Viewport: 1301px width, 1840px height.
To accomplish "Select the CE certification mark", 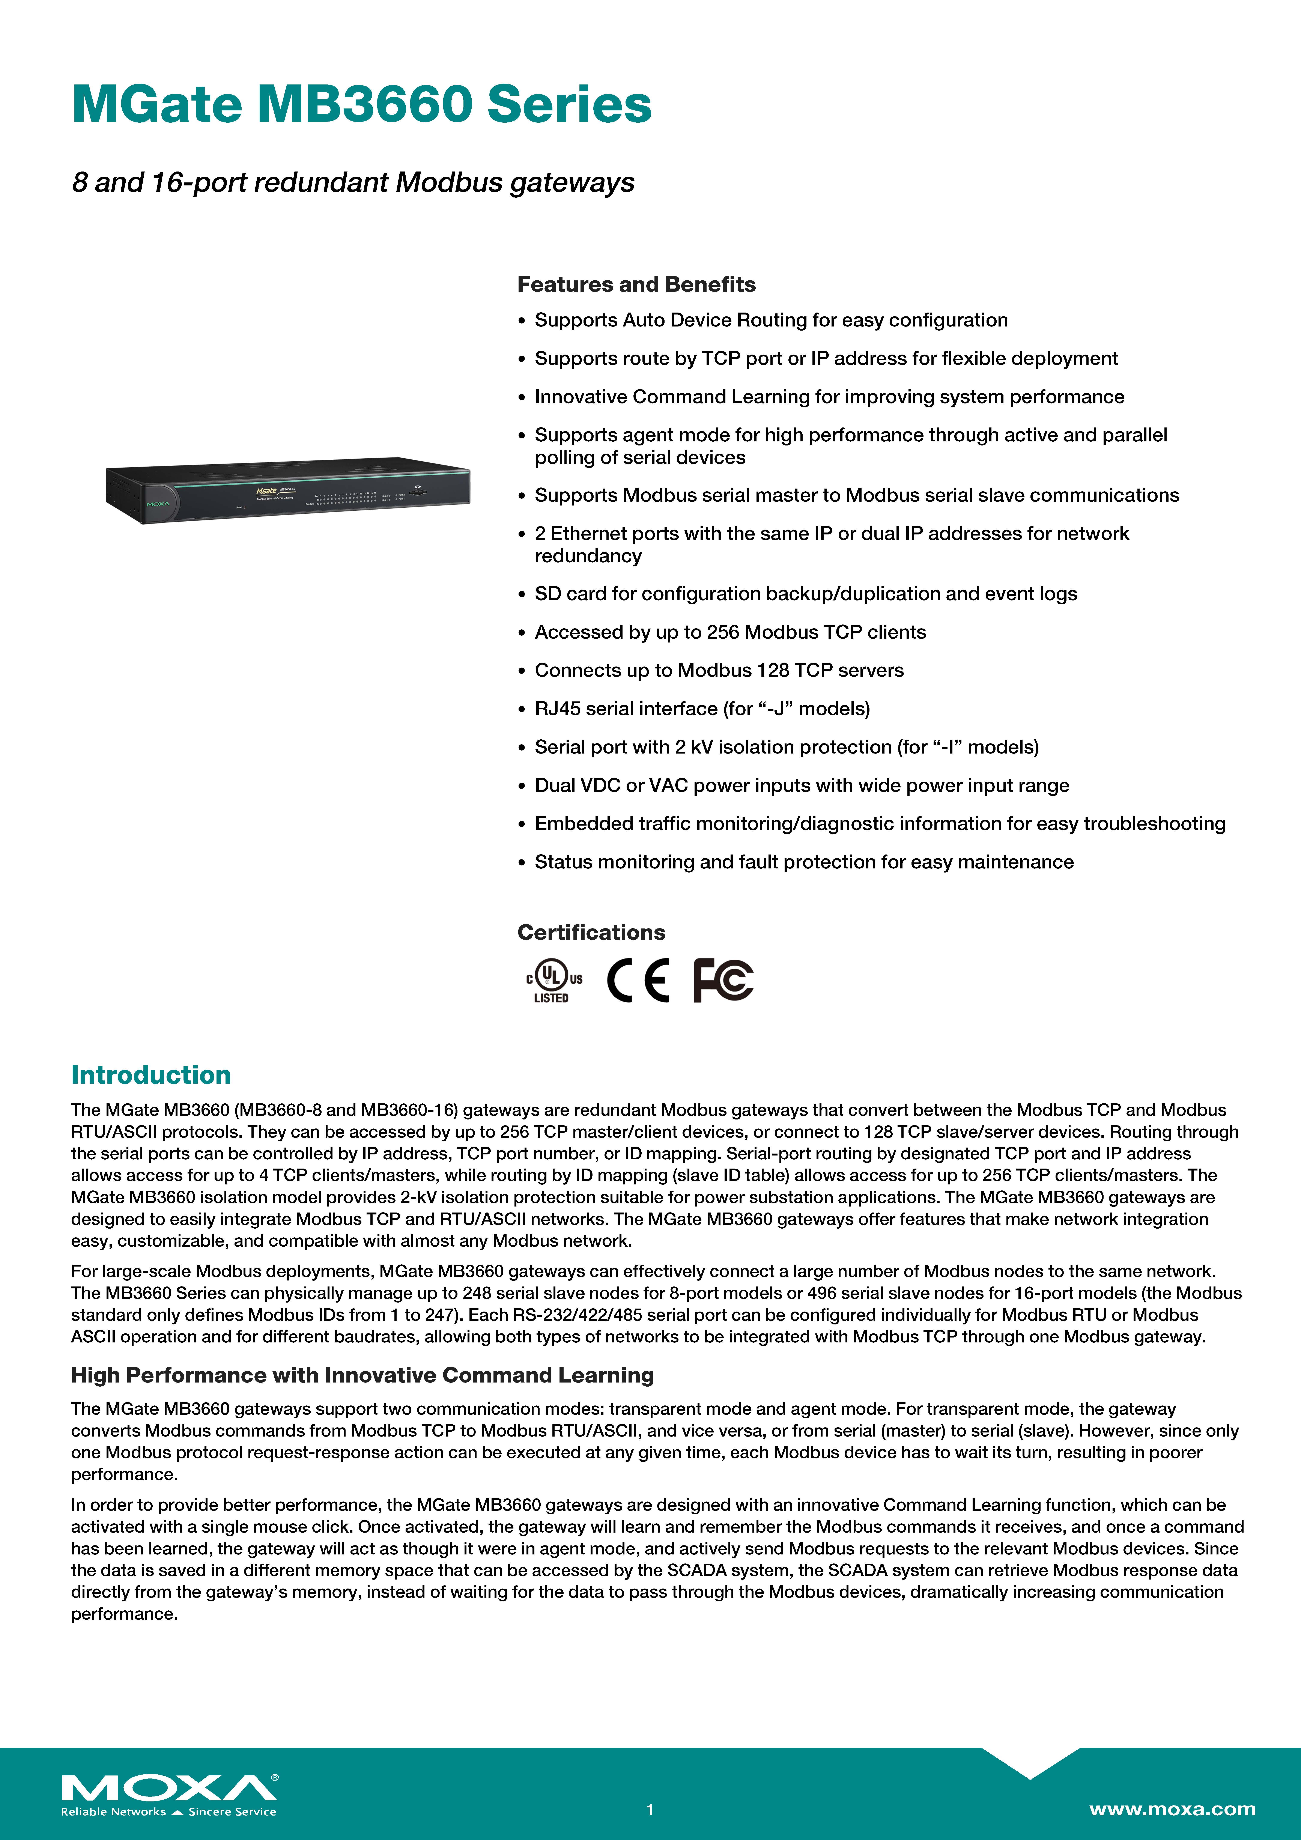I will pyautogui.click(x=638, y=980).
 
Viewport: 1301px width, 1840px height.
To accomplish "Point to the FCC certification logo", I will pyautogui.click(x=723, y=980).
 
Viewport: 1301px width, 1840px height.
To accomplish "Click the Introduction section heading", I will pyautogui.click(x=151, y=1075).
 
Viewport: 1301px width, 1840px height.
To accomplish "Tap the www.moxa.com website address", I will pyautogui.click(x=1172, y=1809).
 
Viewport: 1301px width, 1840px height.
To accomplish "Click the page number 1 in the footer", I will pyautogui.click(x=650, y=1810).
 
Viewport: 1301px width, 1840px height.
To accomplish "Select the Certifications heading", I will pyautogui.click(x=591, y=932).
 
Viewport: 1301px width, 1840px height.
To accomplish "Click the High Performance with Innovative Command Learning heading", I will pyautogui.click(x=362, y=1375).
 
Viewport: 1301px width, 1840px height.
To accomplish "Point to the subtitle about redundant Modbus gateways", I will pyautogui.click(x=353, y=183).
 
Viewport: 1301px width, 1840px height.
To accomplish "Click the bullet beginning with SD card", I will pyautogui.click(x=806, y=594).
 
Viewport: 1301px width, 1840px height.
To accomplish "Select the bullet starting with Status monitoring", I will pyautogui.click(x=804, y=862).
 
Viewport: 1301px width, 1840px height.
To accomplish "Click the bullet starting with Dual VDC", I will pyautogui.click(x=802, y=785).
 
